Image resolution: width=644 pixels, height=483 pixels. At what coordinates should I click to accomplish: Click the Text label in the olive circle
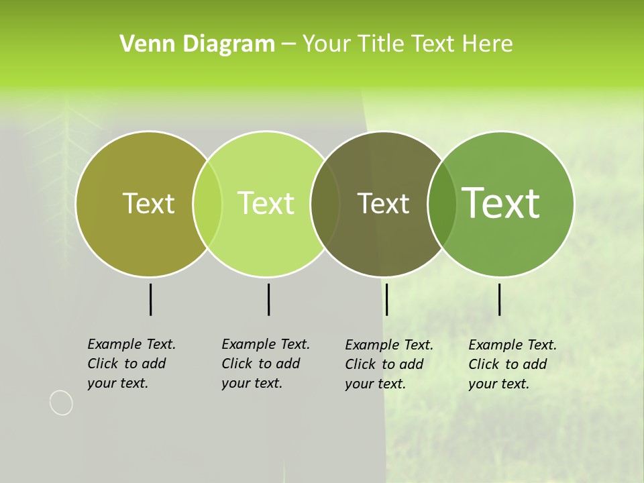tap(148, 203)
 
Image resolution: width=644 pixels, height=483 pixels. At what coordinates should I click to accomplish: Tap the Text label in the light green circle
tap(266, 203)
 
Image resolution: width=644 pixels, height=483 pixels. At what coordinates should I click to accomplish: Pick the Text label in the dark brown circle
tap(383, 203)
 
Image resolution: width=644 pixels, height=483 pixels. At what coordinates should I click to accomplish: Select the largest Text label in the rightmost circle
tap(501, 203)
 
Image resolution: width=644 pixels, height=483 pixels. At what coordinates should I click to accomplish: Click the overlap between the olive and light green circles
tap(207, 203)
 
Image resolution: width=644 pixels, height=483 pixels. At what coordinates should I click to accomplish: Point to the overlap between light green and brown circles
tap(325, 203)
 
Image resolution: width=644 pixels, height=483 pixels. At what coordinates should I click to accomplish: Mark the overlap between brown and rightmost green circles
tap(441, 203)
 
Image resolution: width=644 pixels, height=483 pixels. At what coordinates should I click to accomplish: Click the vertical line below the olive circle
tap(150, 299)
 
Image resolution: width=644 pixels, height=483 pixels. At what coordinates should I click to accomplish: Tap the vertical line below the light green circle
tap(268, 299)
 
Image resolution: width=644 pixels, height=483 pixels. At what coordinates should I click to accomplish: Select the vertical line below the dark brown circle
tap(386, 299)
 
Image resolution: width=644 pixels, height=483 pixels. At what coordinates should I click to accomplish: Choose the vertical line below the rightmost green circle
tap(499, 299)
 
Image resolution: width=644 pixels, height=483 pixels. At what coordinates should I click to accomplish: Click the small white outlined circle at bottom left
tap(61, 402)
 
